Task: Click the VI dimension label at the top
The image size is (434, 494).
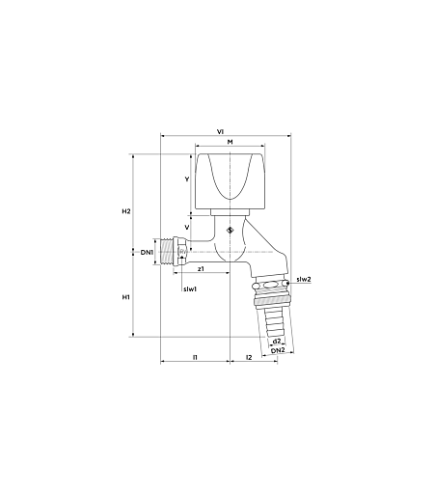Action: [x=220, y=131]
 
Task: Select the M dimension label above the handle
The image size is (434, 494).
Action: [x=230, y=142]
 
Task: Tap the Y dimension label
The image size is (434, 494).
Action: [x=187, y=179]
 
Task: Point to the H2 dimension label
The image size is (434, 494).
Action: [x=126, y=211]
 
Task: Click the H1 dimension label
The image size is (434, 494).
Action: [x=125, y=297]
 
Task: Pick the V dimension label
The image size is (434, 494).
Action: [x=187, y=228]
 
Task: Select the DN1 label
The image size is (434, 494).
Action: [x=147, y=253]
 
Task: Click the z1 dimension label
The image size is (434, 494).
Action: [x=201, y=268]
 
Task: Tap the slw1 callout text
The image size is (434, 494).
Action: [x=190, y=289]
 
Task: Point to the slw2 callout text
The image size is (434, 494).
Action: [x=304, y=279]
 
